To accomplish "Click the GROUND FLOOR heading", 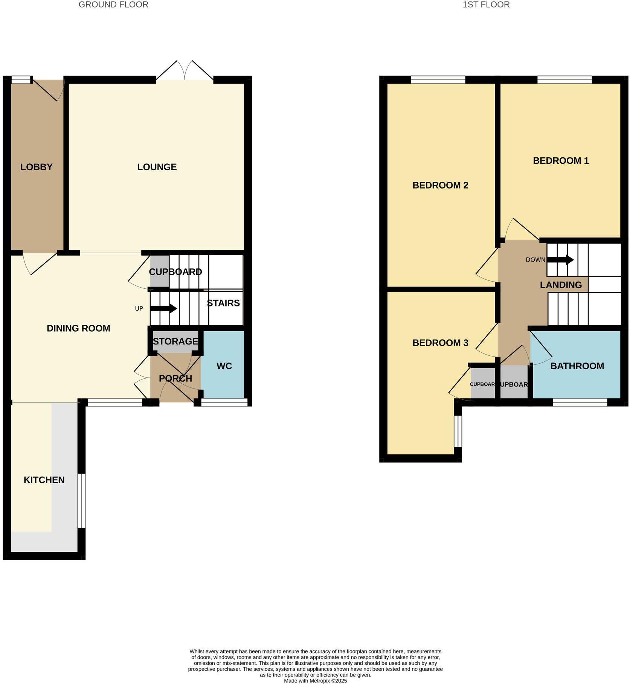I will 113,5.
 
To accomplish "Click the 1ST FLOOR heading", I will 486,5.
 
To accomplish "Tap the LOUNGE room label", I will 157,167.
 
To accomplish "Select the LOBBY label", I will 36,167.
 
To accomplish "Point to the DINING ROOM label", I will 78,328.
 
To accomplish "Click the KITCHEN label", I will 44,480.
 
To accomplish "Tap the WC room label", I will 224,366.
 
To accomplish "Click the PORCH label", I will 175,378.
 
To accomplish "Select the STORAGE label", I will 175,341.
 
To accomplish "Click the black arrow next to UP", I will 163,309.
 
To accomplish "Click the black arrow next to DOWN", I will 560,260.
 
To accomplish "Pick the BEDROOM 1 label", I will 560,161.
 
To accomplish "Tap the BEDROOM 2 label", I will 440,185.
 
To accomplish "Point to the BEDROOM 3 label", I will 440,343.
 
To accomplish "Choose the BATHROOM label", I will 577,366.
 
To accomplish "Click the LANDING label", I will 561,285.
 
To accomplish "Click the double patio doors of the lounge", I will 185,73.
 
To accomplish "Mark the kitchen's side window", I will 81,501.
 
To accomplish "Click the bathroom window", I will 580,402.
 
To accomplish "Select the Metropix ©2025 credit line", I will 315,681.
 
